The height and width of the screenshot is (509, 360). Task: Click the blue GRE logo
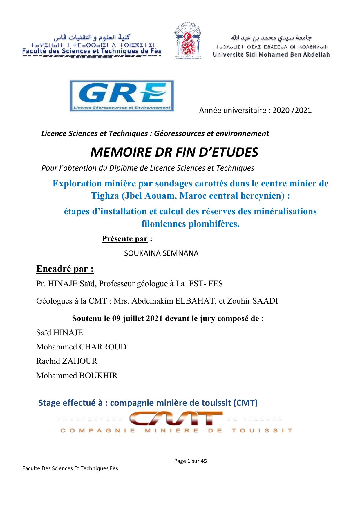[x=122, y=96]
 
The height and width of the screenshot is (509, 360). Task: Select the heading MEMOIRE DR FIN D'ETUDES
[x=174, y=152]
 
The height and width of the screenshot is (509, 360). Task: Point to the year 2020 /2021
[x=292, y=111]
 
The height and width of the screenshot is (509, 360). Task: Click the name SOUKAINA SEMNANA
[x=161, y=253]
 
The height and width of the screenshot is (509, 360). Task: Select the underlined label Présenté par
[x=125, y=239]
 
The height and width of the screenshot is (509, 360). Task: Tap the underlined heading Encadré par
[x=65, y=269]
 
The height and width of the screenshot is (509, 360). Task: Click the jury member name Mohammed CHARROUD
[x=81, y=347]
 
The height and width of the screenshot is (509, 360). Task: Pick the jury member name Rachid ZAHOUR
[x=67, y=361]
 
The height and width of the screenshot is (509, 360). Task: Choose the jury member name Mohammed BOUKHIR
[x=77, y=376]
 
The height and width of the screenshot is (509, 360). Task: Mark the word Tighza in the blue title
[x=105, y=196]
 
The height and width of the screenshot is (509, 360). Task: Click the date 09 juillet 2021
[x=135, y=318]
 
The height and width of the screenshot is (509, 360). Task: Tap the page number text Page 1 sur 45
[x=190, y=461]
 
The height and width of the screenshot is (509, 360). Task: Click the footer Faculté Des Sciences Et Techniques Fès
[x=70, y=468]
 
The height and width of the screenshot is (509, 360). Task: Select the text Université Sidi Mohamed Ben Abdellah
[x=271, y=55]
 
